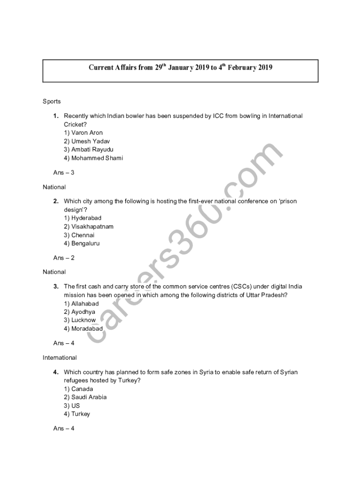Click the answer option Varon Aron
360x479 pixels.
click(83, 133)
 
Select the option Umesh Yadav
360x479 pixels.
click(87, 141)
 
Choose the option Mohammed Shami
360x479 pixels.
click(94, 158)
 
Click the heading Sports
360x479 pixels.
click(52, 102)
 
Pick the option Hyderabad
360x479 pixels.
click(83, 218)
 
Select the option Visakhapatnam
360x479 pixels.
click(88, 226)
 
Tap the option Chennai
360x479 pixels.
click(79, 235)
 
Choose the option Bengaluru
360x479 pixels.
click(82, 243)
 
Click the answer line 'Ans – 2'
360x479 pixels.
click(64, 258)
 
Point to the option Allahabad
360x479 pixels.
click(81, 304)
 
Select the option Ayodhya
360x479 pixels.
click(79, 312)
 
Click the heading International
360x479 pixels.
click(60, 358)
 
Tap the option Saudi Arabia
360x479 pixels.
click(85, 397)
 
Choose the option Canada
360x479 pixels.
click(79, 389)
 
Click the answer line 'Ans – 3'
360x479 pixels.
click(64, 173)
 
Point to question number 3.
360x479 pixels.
click(56, 286)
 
